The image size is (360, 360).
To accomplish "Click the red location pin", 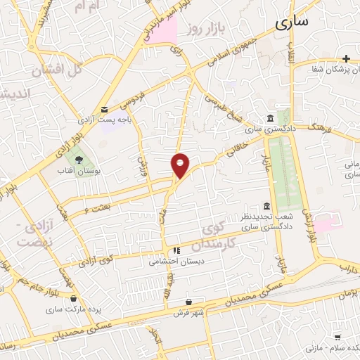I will click(181, 165).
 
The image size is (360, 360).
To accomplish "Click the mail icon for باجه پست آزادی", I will click(105, 109).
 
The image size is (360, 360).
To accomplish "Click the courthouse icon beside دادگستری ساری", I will click(271, 118).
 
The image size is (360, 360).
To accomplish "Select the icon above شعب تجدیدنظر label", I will click(266, 206).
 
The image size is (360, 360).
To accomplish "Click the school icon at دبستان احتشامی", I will click(176, 250).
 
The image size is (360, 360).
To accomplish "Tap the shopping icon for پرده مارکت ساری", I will click(74, 298).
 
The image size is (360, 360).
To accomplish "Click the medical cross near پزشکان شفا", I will click(345, 58).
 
